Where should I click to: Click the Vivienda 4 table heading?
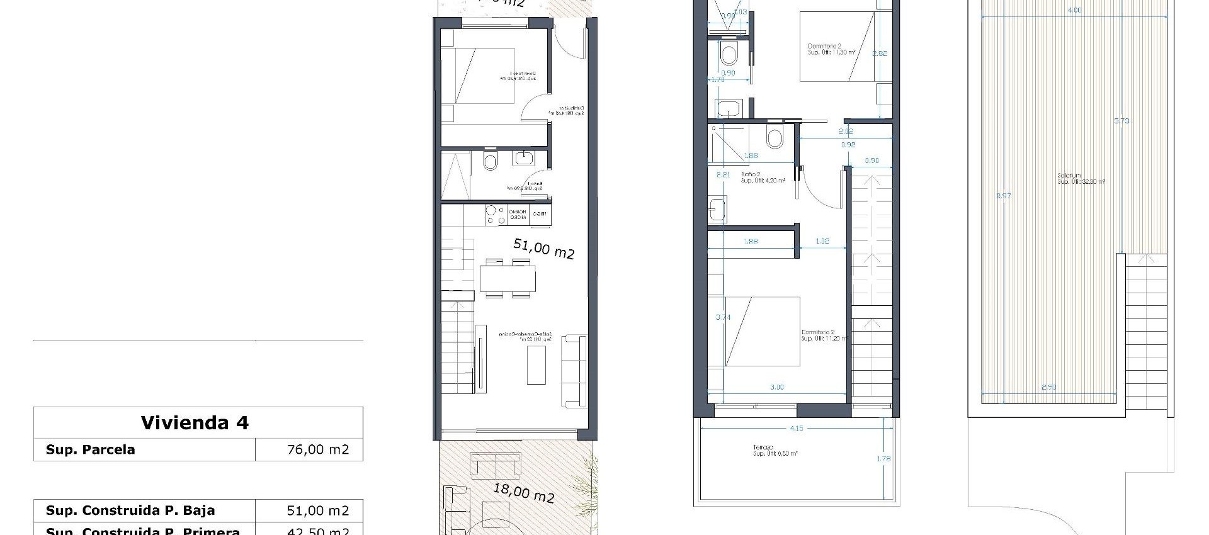pyautogui.click(x=195, y=423)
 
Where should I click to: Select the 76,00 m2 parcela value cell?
pyautogui.click(x=317, y=449)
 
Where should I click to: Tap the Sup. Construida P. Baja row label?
pyautogui.click(x=130, y=510)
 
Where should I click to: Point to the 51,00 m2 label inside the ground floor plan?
pyautogui.click(x=543, y=249)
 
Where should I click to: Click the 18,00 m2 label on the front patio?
pyautogui.click(x=523, y=493)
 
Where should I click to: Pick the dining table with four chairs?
pyautogui.click(x=507, y=278)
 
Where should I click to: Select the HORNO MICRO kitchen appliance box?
pyautogui.click(x=518, y=215)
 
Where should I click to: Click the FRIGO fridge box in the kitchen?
pyautogui.click(x=540, y=215)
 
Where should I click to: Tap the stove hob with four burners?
pyautogui.click(x=495, y=215)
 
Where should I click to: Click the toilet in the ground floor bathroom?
pyautogui.click(x=491, y=162)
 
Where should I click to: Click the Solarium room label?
pyautogui.click(x=1069, y=176)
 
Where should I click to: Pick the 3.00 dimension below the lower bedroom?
pyautogui.click(x=777, y=387)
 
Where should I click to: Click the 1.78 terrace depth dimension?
pyautogui.click(x=883, y=459)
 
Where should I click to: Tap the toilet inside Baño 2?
pyautogui.click(x=775, y=138)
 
